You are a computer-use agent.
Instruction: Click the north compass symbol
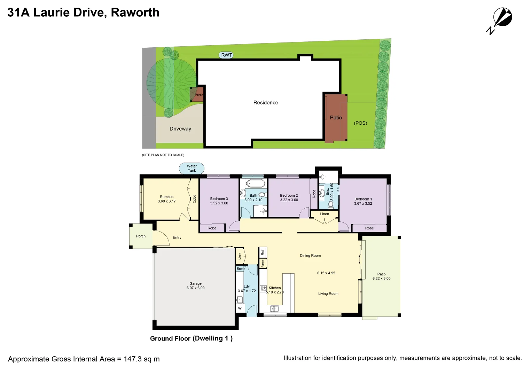point(502,19)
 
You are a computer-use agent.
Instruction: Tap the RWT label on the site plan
point(227,55)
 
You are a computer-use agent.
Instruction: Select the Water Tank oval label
point(192,169)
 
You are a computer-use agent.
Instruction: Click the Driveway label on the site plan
point(180,129)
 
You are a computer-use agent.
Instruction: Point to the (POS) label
point(360,123)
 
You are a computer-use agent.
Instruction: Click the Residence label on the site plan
point(266,103)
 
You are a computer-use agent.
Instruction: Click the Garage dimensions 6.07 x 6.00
point(195,288)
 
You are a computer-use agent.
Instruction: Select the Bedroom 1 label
point(363,199)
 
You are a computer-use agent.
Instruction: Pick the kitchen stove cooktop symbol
point(263,289)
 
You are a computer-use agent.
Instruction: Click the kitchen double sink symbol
point(275,309)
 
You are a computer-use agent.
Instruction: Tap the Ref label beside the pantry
point(263,252)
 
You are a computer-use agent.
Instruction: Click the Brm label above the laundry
point(240,269)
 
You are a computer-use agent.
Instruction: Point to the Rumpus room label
point(166,197)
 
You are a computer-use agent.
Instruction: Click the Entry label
point(177,238)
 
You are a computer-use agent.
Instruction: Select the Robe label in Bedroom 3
point(212,228)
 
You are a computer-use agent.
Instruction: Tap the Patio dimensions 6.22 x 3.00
point(381,279)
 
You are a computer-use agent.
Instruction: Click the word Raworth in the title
point(135,13)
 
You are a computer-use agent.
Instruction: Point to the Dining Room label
point(310,256)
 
